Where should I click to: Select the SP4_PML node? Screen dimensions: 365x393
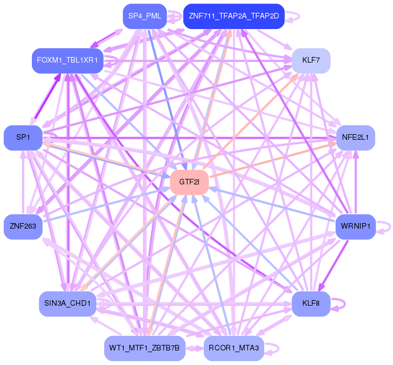pyautogui.click(x=145, y=16)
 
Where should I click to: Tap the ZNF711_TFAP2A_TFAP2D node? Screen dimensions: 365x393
pyautogui.click(x=234, y=16)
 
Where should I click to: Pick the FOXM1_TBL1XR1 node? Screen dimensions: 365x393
pyautogui.click(x=67, y=60)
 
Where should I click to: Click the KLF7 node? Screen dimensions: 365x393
pyautogui.click(x=311, y=60)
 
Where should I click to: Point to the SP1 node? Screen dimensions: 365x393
pyautogui.click(x=23, y=138)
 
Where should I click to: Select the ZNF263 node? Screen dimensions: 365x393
pyautogui.click(x=23, y=226)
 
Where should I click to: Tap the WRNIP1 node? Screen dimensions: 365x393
pyautogui.click(x=355, y=226)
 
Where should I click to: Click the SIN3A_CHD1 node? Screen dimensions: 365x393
pyautogui.click(x=67, y=304)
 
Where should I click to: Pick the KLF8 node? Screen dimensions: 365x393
pyautogui.click(x=311, y=304)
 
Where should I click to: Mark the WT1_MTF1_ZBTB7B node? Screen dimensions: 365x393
pyautogui.click(x=144, y=348)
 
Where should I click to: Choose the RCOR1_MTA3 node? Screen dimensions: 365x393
pyautogui.click(x=234, y=348)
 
